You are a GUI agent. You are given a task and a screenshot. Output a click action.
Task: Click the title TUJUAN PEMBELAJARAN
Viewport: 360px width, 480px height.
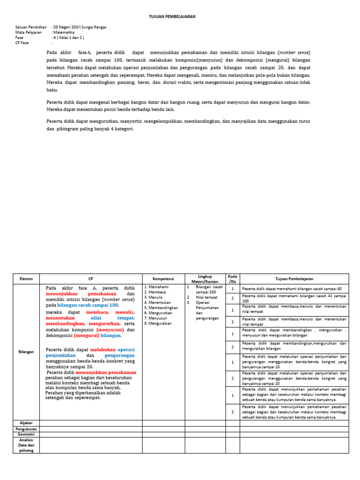tap(172, 16)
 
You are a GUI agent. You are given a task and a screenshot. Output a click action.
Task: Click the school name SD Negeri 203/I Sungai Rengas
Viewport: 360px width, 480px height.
tap(80, 27)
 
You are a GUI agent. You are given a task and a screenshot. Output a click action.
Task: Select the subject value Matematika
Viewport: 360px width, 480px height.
tap(64, 32)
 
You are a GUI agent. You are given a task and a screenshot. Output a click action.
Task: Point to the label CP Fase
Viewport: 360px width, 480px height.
tap(22, 43)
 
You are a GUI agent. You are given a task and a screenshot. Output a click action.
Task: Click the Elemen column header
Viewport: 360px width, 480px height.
tap(26, 279)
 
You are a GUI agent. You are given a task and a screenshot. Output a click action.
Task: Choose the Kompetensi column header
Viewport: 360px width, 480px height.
tap(164, 279)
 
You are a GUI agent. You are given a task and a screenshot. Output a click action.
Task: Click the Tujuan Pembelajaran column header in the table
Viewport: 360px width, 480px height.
tap(294, 279)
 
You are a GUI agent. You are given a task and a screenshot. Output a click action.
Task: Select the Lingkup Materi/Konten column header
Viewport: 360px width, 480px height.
tap(205, 279)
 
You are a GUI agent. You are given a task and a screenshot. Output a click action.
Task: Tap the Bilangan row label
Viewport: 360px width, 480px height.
tap(26, 352)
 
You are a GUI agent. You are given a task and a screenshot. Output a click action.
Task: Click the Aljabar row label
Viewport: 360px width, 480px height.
tap(26, 423)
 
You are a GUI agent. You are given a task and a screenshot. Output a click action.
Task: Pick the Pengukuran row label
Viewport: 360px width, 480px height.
tap(26, 429)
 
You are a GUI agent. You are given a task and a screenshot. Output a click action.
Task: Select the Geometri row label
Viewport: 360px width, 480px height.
tap(26, 435)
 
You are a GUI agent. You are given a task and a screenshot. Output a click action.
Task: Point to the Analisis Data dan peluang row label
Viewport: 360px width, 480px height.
tap(26, 445)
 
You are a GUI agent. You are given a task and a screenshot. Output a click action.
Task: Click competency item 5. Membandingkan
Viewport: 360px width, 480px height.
tap(161, 308)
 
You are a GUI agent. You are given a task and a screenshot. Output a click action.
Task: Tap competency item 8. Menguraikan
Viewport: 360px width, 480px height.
tap(158, 323)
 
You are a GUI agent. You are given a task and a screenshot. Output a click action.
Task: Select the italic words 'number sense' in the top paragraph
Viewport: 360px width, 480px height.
tap(294, 52)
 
